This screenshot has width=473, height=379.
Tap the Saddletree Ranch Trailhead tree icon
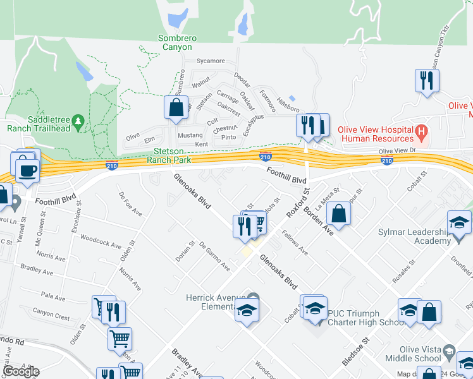[x=78, y=119]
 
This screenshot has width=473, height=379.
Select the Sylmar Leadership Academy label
[x=417, y=236]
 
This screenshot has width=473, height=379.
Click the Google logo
[x=21, y=371]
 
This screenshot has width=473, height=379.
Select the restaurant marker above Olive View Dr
[x=427, y=80]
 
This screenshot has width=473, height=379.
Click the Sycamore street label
[x=211, y=61]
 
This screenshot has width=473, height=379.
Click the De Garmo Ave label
[x=214, y=256]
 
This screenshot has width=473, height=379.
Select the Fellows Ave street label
[x=295, y=243]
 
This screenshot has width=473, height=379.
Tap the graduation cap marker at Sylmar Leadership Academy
[x=459, y=222]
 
